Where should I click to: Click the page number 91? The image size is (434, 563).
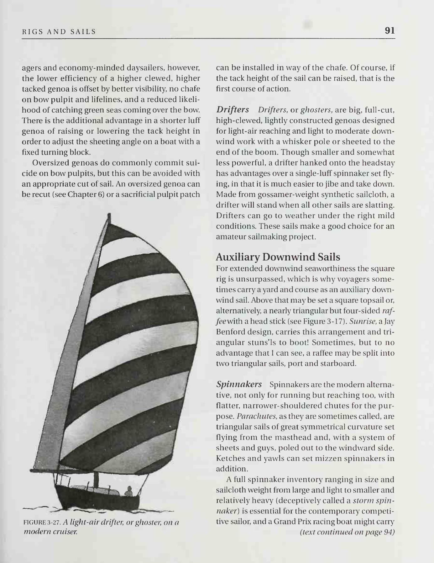390,30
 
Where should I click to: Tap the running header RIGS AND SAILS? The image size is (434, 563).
59,32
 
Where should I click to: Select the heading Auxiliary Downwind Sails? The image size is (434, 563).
278,257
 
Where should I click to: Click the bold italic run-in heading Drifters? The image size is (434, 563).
233,110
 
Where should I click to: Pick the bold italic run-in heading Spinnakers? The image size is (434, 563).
239,384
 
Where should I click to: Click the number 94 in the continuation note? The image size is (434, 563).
389,532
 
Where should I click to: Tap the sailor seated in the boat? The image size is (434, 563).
128,491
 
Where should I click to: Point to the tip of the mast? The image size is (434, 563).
109,215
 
